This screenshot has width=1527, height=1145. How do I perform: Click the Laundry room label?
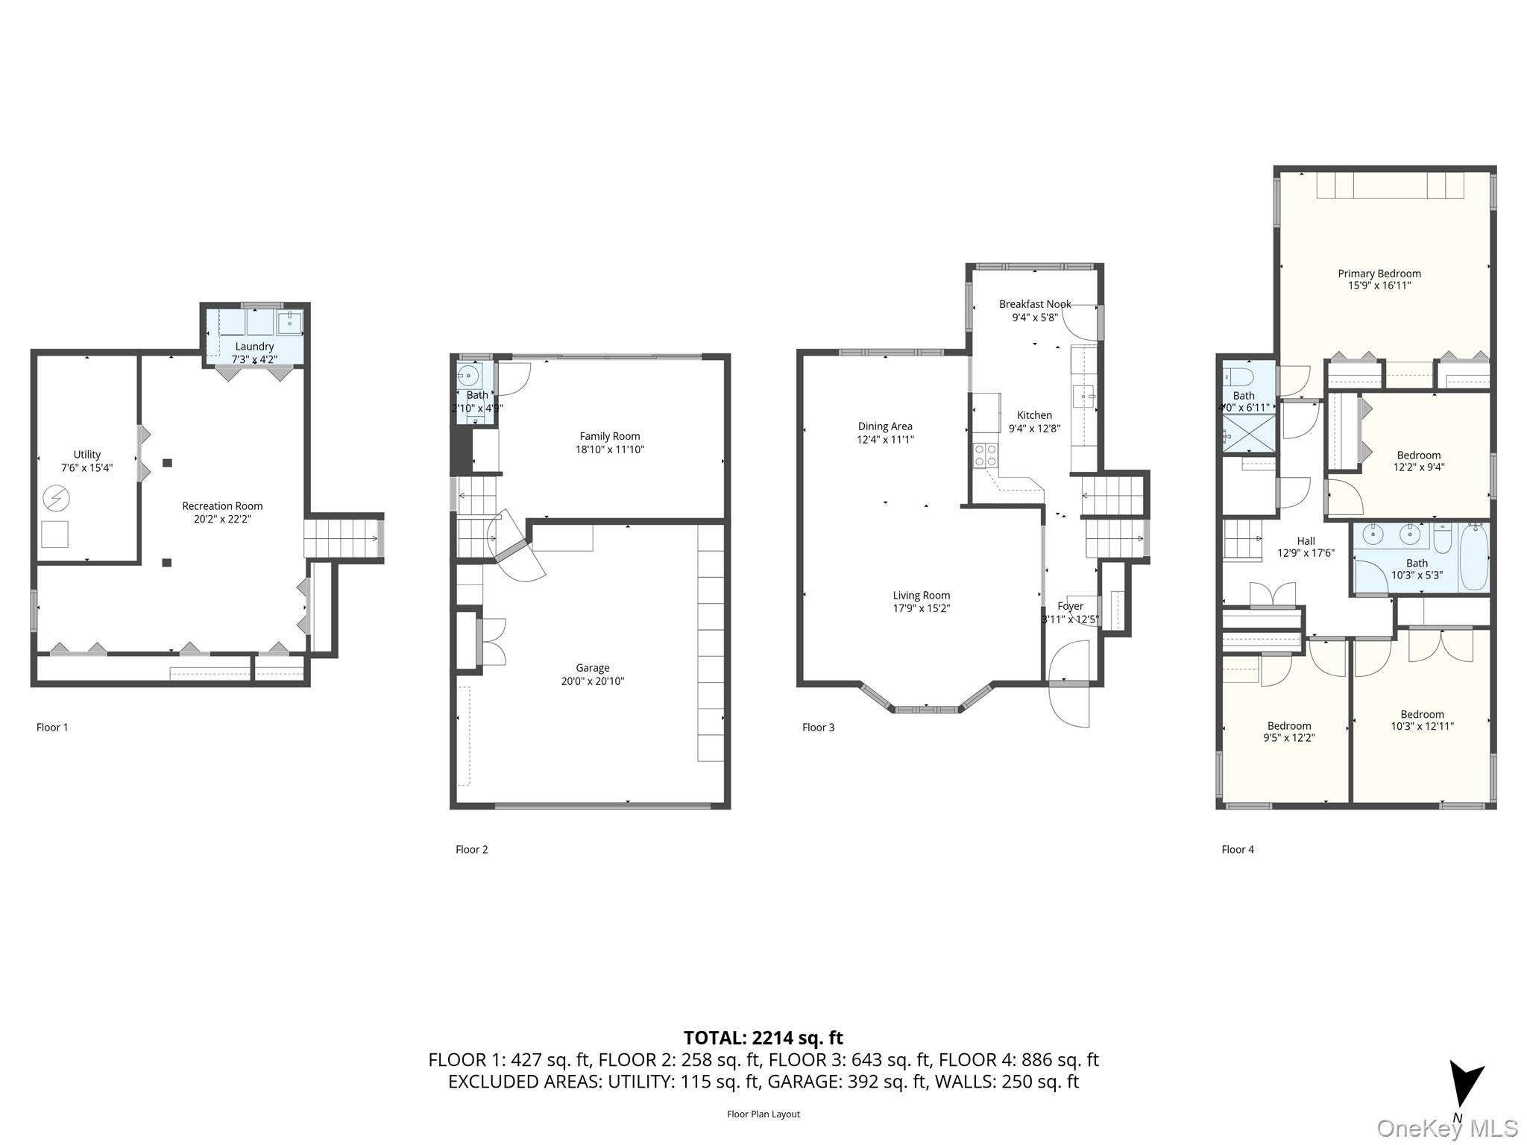pyautogui.click(x=254, y=347)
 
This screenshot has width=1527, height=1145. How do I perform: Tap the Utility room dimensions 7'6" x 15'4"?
pyautogui.click(x=86, y=467)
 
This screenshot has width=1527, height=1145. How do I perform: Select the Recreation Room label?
pyautogui.click(x=222, y=506)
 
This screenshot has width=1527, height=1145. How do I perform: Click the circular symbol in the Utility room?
pyautogui.click(x=56, y=497)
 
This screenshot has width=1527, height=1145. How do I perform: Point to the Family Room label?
pyautogui.click(x=609, y=436)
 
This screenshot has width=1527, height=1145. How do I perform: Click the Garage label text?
pyautogui.click(x=592, y=668)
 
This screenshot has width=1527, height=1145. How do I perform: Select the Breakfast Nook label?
pyautogui.click(x=1035, y=304)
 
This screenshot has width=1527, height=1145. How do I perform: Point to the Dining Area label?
pyautogui.click(x=885, y=426)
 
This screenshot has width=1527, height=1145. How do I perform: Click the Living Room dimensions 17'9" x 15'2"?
pyautogui.click(x=922, y=608)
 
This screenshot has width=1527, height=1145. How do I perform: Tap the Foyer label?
pyautogui.click(x=1070, y=606)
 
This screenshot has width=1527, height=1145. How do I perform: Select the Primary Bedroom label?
pyautogui.click(x=1379, y=274)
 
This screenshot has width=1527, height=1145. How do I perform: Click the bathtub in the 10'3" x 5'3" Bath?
pyautogui.click(x=1473, y=557)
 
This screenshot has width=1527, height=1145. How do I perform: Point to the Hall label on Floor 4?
pyautogui.click(x=1306, y=541)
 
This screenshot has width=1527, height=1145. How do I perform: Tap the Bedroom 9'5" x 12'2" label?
pyautogui.click(x=1288, y=726)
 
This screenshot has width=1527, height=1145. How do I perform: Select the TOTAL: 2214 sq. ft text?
pyautogui.click(x=763, y=1038)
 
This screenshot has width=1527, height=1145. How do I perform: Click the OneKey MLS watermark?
pyautogui.click(x=1446, y=1128)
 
